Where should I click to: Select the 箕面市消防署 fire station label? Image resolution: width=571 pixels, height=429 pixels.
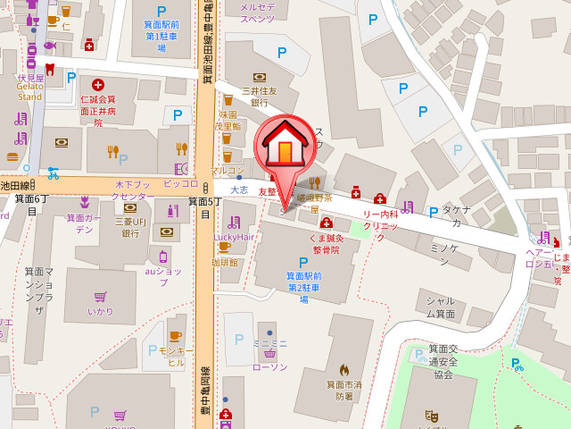[343, 390]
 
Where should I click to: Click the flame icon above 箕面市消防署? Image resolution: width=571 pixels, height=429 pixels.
[343, 368]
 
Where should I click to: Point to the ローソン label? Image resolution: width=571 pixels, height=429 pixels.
[269, 367]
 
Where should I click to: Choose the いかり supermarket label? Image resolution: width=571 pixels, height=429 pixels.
[100, 311]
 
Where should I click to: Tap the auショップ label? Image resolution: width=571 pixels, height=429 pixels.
[162, 275]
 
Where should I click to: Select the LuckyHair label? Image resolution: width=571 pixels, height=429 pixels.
[235, 237]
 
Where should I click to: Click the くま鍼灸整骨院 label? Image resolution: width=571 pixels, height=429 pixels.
[326, 244]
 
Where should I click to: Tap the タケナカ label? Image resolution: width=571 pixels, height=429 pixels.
[456, 215]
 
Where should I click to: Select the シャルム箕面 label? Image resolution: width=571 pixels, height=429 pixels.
[440, 307]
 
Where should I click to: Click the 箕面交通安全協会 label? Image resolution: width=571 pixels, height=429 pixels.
[443, 361]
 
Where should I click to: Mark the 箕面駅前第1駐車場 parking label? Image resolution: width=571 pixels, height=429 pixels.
[161, 37]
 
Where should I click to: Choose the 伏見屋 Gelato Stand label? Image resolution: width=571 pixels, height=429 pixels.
[29, 87]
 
